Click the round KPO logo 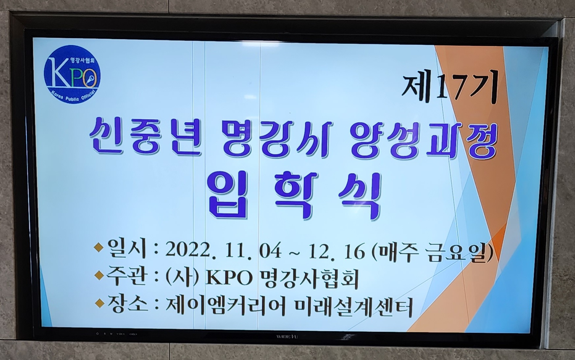pos(72,74)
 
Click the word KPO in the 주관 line pos(228,278)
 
